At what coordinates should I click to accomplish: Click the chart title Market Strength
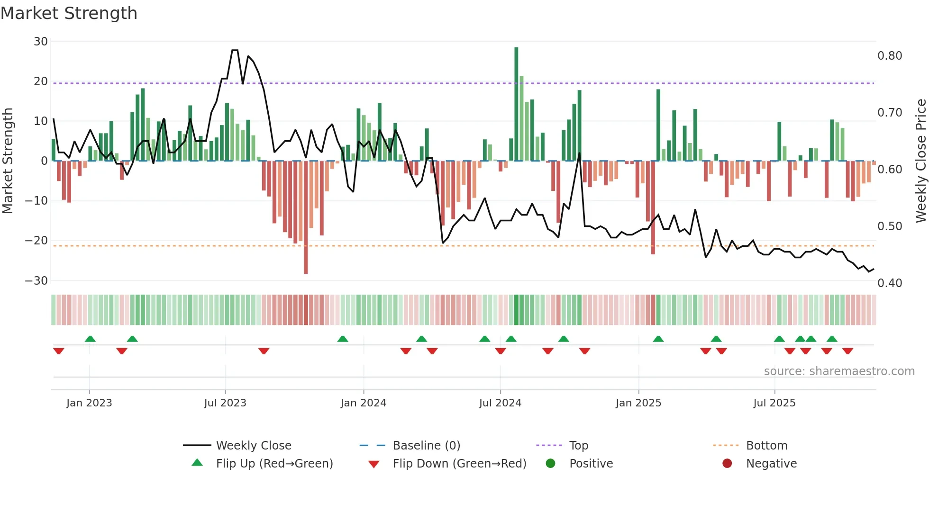pyautogui.click(x=69, y=13)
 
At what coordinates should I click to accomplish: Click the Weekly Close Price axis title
pyautogui.click(x=920, y=161)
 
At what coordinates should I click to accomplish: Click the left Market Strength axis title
pyautogui.click(x=8, y=161)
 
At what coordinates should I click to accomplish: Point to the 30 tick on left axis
pyautogui.click(x=41, y=42)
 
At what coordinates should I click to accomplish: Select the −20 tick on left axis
pyautogui.click(x=36, y=241)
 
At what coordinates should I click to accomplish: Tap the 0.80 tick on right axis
pyautogui.click(x=890, y=56)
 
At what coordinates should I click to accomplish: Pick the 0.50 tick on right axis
pyautogui.click(x=890, y=226)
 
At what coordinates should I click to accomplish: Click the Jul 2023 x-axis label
pyautogui.click(x=225, y=403)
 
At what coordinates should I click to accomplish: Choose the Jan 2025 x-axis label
pyautogui.click(x=638, y=403)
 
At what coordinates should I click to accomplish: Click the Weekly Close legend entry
pyautogui.click(x=254, y=446)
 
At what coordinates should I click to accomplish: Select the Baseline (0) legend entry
pyautogui.click(x=426, y=446)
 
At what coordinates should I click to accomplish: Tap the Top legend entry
pyautogui.click(x=578, y=446)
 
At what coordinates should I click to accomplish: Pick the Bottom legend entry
pyautogui.click(x=766, y=446)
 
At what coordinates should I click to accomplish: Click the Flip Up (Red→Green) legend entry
pyautogui.click(x=274, y=464)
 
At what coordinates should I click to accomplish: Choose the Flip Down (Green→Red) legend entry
pyautogui.click(x=459, y=464)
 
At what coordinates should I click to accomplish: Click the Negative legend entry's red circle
pyautogui.click(x=727, y=464)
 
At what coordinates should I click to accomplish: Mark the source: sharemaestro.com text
pyautogui.click(x=839, y=371)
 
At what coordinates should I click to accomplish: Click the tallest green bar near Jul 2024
pyautogui.click(x=516, y=104)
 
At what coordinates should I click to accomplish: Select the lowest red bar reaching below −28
pyautogui.click(x=306, y=218)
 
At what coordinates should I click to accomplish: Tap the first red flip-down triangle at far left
pyautogui.click(x=59, y=351)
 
